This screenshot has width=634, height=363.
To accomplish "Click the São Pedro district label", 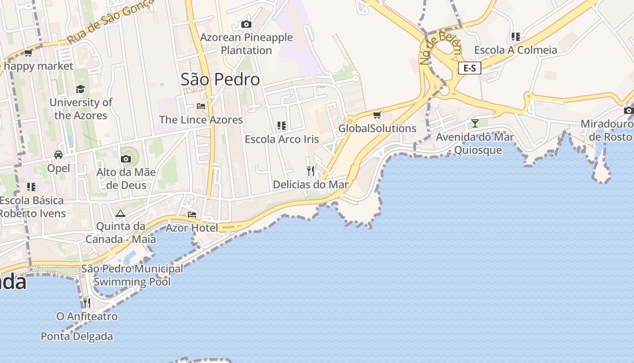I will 220,79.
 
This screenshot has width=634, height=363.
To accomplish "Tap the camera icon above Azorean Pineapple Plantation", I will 246,24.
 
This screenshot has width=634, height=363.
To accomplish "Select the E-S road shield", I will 470,68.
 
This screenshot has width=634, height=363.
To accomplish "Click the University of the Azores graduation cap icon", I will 81,89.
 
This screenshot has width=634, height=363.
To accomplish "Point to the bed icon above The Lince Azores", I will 201,106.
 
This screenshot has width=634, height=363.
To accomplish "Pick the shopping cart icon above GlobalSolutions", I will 377,115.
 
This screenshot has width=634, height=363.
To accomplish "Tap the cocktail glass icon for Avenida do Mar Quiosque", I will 475,123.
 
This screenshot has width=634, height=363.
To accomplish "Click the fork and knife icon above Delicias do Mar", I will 311,171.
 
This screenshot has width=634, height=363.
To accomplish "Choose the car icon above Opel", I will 58,155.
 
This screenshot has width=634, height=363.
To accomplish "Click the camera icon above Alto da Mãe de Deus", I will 125,159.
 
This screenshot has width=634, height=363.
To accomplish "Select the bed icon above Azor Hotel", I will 192,214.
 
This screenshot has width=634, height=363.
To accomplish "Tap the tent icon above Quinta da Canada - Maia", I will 120,213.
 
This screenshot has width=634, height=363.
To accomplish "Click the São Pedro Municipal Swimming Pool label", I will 132,275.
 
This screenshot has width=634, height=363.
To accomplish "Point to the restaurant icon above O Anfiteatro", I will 87,303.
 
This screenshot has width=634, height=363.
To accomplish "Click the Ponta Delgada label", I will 77,337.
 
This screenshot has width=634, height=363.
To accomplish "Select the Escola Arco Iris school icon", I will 282,126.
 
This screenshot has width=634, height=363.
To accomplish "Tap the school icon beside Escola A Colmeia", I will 515,36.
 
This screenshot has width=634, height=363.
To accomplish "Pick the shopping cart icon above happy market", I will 28,53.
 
